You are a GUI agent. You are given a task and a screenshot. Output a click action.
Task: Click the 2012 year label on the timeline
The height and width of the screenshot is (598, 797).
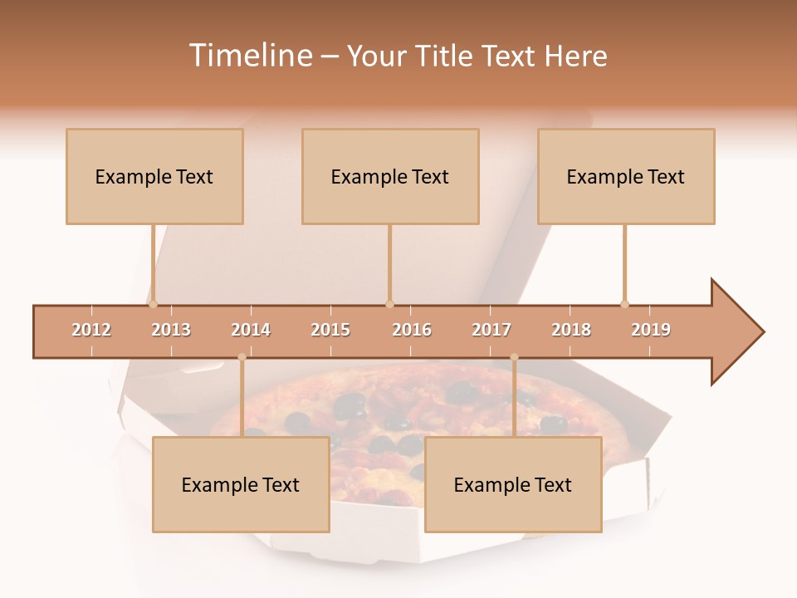coord(91,330)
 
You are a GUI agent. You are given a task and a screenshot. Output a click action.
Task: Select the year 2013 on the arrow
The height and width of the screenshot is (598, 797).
coord(171,330)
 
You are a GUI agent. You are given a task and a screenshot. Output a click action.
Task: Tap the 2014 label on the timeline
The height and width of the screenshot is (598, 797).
coord(251,330)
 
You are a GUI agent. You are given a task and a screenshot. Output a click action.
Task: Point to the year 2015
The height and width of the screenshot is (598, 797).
coord(330,330)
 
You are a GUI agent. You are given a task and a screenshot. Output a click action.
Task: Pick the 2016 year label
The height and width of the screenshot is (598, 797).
coord(412,330)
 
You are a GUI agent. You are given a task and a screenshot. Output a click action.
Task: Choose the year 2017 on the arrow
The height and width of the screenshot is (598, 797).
coord(491,330)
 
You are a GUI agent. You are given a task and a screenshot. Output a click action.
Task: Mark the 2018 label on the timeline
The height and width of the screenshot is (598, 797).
coord(571,330)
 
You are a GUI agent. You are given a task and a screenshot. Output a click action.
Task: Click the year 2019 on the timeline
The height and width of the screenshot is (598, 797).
coord(651,330)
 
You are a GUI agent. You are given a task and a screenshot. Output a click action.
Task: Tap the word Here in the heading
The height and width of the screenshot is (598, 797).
coord(575,56)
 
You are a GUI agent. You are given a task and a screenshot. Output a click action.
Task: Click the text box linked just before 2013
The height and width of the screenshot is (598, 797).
coord(154,176)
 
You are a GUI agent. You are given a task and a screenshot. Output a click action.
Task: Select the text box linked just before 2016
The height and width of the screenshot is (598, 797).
coord(390,176)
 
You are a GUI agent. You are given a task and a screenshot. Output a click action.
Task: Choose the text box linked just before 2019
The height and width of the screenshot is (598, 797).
coord(626,176)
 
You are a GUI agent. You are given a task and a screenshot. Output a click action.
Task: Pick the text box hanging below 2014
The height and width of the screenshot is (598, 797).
coord(241,484)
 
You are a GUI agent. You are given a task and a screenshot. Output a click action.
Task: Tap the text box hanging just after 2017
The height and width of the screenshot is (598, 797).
coord(513,484)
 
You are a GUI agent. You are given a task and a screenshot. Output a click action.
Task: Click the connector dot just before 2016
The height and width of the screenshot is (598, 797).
coord(389,304)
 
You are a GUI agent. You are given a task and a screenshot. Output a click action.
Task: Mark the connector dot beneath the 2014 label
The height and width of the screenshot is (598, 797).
coord(242,357)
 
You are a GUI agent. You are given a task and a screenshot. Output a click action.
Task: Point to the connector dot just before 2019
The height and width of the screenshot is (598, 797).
coord(624,304)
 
